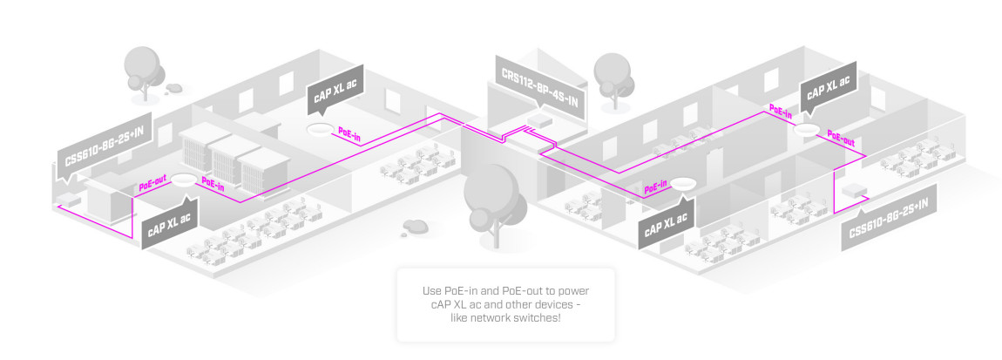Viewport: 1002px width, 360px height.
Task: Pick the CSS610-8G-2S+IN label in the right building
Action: point(889,218)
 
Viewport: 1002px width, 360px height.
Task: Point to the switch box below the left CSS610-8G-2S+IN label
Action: point(68,202)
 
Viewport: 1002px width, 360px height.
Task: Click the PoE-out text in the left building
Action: point(153,186)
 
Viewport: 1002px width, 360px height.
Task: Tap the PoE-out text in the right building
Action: point(840,139)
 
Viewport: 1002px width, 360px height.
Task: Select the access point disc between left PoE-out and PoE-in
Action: point(183,181)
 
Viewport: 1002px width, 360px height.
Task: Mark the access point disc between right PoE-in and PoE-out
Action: point(807,129)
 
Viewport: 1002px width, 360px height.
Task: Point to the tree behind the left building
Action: point(142,67)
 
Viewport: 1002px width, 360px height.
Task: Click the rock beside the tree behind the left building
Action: point(175,88)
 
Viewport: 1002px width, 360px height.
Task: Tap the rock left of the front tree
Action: point(416,227)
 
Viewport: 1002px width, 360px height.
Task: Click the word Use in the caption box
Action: point(431,289)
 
